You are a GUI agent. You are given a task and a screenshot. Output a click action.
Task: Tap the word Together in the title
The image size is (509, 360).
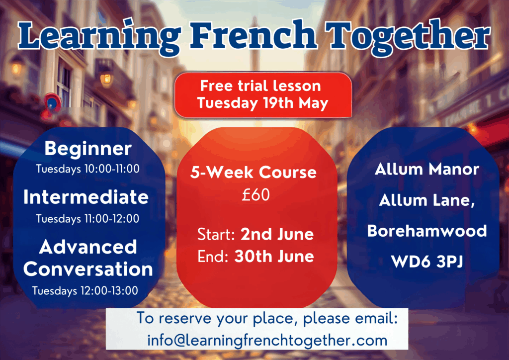click(x=409, y=37)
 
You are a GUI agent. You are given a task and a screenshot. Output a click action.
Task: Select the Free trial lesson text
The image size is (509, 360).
click(x=260, y=86)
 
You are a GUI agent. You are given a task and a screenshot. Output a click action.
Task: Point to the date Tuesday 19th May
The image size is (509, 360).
click(x=262, y=103)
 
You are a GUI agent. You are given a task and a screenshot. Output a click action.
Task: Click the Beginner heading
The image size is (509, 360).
click(x=88, y=149)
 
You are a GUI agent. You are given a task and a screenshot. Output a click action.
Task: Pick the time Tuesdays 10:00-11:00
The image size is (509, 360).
click(x=87, y=169)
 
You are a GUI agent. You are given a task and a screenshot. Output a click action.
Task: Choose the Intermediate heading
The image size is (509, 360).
click(x=86, y=197)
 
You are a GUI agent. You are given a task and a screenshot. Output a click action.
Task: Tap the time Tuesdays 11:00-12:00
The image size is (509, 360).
click(x=87, y=218)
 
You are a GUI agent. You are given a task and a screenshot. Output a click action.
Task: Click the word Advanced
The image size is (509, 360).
click(x=88, y=247)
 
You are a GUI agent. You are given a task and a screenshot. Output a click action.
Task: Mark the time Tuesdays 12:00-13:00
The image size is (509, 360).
click(x=85, y=290)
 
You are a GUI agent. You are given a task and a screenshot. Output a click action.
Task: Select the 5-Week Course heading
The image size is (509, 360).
click(x=253, y=172)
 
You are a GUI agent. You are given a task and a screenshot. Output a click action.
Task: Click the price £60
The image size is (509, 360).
click(x=256, y=195)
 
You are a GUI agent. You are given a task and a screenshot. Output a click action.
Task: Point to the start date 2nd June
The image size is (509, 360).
click(x=277, y=234)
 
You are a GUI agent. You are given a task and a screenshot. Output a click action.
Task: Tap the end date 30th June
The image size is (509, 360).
click(x=274, y=256)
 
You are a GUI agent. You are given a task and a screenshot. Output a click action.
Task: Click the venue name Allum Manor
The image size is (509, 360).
click(x=427, y=169)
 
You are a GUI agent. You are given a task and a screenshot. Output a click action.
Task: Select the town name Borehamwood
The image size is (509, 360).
click(x=427, y=231)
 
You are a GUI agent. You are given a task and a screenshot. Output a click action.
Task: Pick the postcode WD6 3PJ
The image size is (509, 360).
click(x=427, y=262)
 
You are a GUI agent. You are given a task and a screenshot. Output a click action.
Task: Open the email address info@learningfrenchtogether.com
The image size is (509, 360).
click(x=267, y=341)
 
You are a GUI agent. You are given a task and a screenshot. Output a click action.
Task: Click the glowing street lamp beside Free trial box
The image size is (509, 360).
click(x=106, y=79)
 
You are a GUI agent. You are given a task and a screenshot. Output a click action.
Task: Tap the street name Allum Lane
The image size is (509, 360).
click(x=427, y=200)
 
